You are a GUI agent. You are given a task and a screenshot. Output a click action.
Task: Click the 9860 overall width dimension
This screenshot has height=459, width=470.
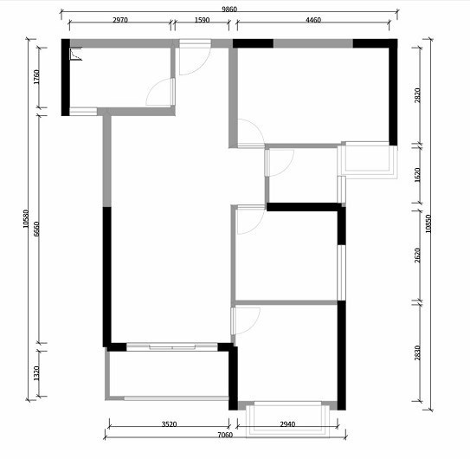229,10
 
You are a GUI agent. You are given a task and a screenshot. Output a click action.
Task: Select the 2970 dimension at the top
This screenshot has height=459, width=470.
120,20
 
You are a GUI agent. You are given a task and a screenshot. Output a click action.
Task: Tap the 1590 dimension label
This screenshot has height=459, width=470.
202,20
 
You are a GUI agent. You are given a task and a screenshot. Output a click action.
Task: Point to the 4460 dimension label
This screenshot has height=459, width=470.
313,20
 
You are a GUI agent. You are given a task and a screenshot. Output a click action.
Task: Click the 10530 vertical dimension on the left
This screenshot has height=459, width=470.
26,219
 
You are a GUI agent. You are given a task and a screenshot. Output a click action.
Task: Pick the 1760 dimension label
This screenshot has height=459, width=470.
36,77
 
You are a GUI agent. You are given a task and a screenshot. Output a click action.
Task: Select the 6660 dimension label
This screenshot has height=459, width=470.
36,229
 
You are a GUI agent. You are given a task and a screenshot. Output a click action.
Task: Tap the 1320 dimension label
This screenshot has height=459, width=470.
36,373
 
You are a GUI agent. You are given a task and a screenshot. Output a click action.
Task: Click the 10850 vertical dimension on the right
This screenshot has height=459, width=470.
428,223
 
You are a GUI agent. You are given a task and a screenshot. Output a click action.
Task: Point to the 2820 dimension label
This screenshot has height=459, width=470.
417,95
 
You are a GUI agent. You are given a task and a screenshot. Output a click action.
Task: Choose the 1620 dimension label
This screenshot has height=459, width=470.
417,175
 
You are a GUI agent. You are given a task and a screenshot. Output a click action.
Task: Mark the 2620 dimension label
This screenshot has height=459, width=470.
417,255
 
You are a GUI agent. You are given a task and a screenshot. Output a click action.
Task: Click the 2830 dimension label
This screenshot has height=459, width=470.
417,353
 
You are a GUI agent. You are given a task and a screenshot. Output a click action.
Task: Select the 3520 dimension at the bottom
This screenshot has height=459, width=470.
170,424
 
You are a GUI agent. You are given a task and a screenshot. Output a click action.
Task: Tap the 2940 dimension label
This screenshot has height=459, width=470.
287,424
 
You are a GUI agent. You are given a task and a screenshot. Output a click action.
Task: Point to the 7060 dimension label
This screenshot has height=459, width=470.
225,435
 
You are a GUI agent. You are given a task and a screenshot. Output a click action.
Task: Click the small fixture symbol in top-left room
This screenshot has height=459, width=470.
76,54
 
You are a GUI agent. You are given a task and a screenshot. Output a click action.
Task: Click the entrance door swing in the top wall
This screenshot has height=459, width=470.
195,59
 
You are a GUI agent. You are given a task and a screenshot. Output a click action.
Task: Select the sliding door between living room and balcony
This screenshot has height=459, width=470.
172,347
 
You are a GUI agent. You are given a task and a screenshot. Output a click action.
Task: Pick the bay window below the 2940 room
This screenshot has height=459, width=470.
287,419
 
